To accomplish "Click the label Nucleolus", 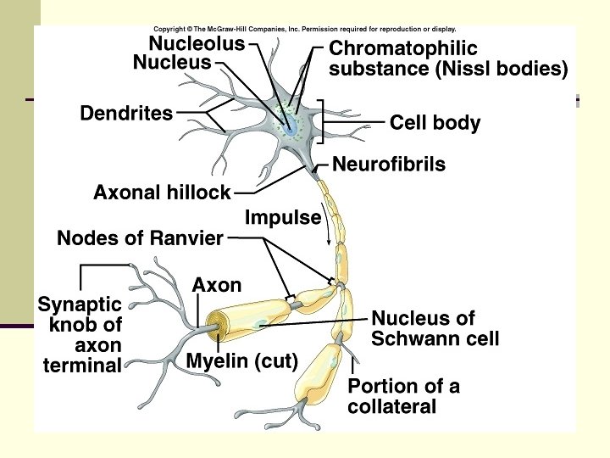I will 197,42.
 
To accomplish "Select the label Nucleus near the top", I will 172,62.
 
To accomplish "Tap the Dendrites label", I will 126,113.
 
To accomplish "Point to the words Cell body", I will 435,123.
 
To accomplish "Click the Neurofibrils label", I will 389,165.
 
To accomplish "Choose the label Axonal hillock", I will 162,193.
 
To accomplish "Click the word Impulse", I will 283,218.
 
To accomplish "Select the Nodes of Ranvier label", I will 140,239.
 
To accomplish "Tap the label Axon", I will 217,285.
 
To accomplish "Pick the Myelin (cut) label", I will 242,361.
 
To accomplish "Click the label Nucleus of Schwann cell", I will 435,329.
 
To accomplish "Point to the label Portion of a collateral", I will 403,396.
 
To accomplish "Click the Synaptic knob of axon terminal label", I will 80,334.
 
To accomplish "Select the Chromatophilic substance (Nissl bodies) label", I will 447,59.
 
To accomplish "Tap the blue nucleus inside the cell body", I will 291,127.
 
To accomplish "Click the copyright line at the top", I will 304,29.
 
